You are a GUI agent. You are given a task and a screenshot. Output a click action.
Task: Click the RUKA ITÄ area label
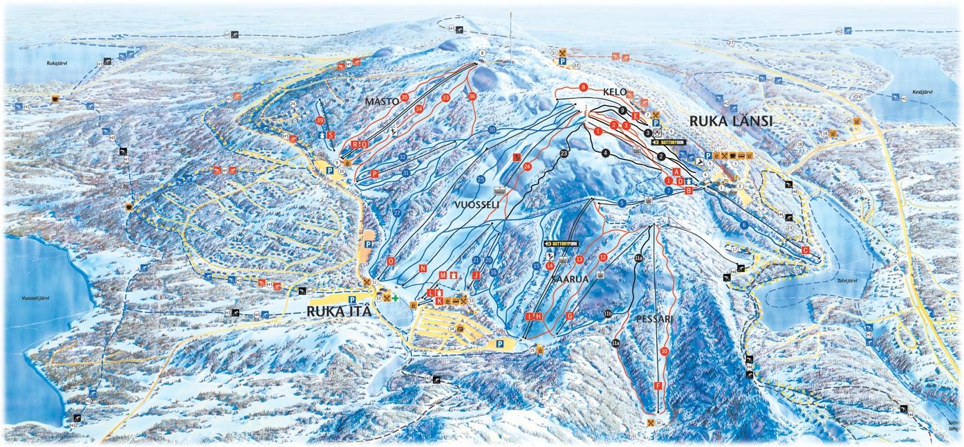click(x=339, y=312)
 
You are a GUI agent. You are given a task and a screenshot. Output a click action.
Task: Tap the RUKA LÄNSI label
click(x=730, y=121)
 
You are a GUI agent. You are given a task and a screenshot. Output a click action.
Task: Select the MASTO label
click(x=382, y=102)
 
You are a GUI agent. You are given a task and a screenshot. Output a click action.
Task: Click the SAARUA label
click(x=569, y=279)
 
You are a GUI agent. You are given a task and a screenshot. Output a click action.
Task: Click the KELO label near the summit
click(x=614, y=92)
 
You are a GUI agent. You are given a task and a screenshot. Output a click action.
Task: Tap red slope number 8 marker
click(x=584, y=88)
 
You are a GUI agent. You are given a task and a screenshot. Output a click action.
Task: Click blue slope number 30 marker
click(x=492, y=129)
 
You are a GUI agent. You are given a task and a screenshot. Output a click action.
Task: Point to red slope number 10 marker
click(x=665, y=351)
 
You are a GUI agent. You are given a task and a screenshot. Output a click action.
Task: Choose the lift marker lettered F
click(x=658, y=385)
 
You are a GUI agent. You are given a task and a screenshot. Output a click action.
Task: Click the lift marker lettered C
click(x=805, y=250)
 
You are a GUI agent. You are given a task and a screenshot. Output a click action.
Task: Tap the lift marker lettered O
click(x=391, y=262)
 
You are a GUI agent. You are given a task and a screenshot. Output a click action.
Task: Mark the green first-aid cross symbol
click(x=396, y=298)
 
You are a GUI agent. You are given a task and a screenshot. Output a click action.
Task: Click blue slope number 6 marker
click(x=744, y=225)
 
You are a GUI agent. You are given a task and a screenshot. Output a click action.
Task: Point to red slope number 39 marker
click(x=319, y=120)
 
